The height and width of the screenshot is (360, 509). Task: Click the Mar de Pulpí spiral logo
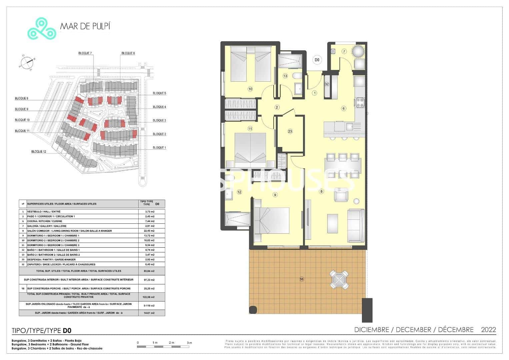(x=42, y=28)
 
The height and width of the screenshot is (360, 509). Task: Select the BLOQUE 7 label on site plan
(x=85, y=53)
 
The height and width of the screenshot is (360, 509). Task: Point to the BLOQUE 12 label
(x=39, y=152)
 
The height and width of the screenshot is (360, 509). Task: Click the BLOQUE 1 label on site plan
(x=159, y=148)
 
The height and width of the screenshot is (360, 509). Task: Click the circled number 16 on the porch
(x=302, y=279)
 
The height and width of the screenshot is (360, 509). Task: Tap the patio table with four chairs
(x=340, y=279)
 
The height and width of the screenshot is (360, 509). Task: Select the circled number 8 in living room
(x=321, y=191)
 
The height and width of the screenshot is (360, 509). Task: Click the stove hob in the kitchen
(x=360, y=102)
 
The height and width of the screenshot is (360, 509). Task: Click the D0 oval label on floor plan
(x=317, y=60)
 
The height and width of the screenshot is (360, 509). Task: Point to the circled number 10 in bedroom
(x=250, y=89)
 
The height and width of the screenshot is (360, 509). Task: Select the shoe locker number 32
(x=327, y=84)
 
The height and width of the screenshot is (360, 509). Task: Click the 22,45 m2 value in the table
(x=150, y=231)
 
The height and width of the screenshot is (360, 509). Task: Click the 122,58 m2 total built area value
(x=150, y=297)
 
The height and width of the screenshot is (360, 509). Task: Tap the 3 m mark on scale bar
(x=189, y=343)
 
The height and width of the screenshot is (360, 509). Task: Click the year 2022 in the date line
(x=488, y=330)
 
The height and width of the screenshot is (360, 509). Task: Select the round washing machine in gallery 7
(x=359, y=52)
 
